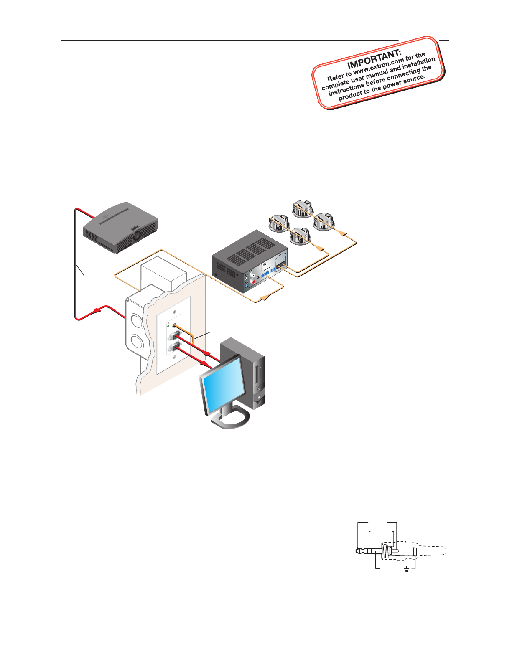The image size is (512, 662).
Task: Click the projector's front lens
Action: (138, 235)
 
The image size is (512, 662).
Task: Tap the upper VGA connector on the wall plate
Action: (173, 337)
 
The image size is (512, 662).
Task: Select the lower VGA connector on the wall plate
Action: (173, 347)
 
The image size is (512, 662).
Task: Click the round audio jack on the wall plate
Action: (175, 326)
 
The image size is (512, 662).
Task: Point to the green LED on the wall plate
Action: (168, 326)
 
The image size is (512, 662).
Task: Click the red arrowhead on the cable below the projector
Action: (97, 310)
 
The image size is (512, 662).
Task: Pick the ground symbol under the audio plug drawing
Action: (406, 569)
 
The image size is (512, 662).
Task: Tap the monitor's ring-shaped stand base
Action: (230, 419)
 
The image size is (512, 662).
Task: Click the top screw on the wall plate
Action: (175, 312)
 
